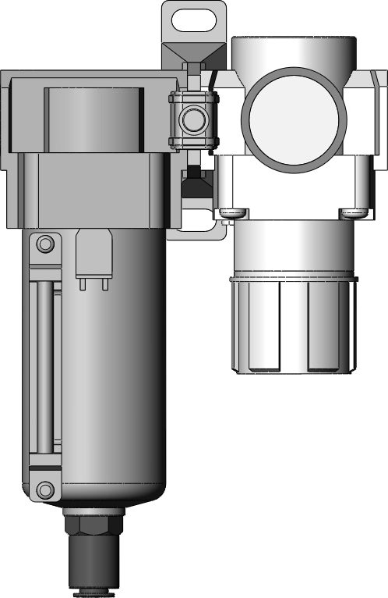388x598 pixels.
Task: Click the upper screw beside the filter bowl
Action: [x=45, y=244]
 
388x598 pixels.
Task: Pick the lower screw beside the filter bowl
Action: [x=45, y=489]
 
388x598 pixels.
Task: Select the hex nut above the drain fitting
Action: [x=93, y=522]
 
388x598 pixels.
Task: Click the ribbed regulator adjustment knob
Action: [x=293, y=324]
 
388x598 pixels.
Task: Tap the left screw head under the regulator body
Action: [x=231, y=212]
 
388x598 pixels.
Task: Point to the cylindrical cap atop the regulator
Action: [x=295, y=47]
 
